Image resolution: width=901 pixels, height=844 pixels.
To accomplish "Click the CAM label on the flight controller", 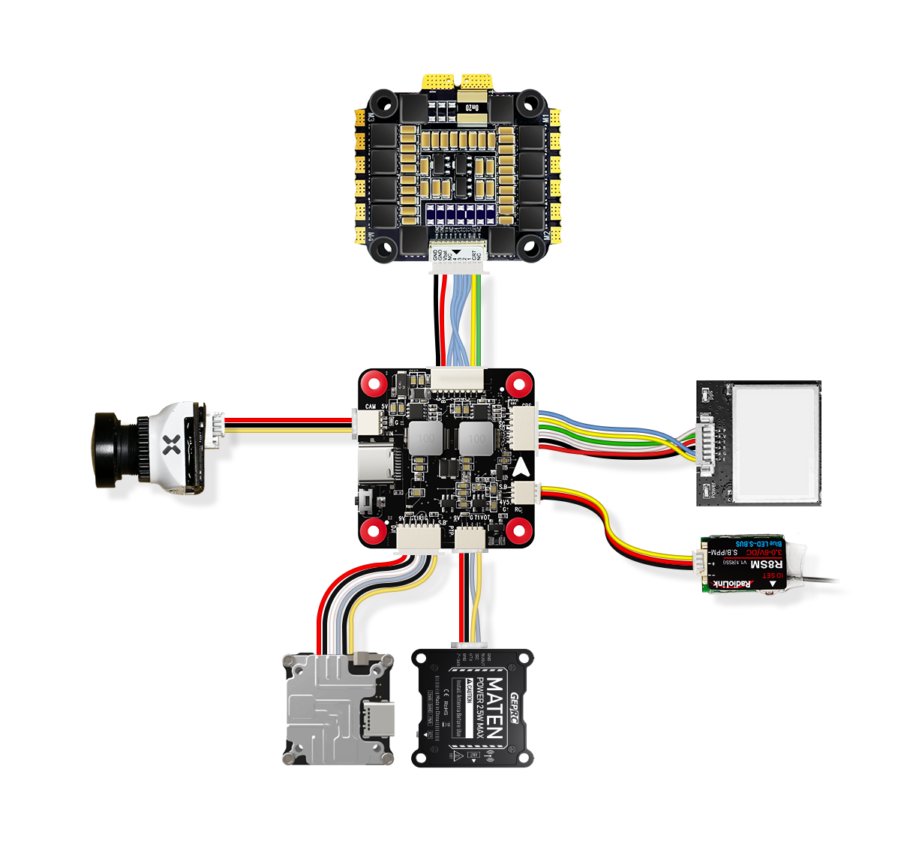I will [x=371, y=407].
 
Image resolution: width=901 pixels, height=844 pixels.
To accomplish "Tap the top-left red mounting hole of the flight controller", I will [x=374, y=386].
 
